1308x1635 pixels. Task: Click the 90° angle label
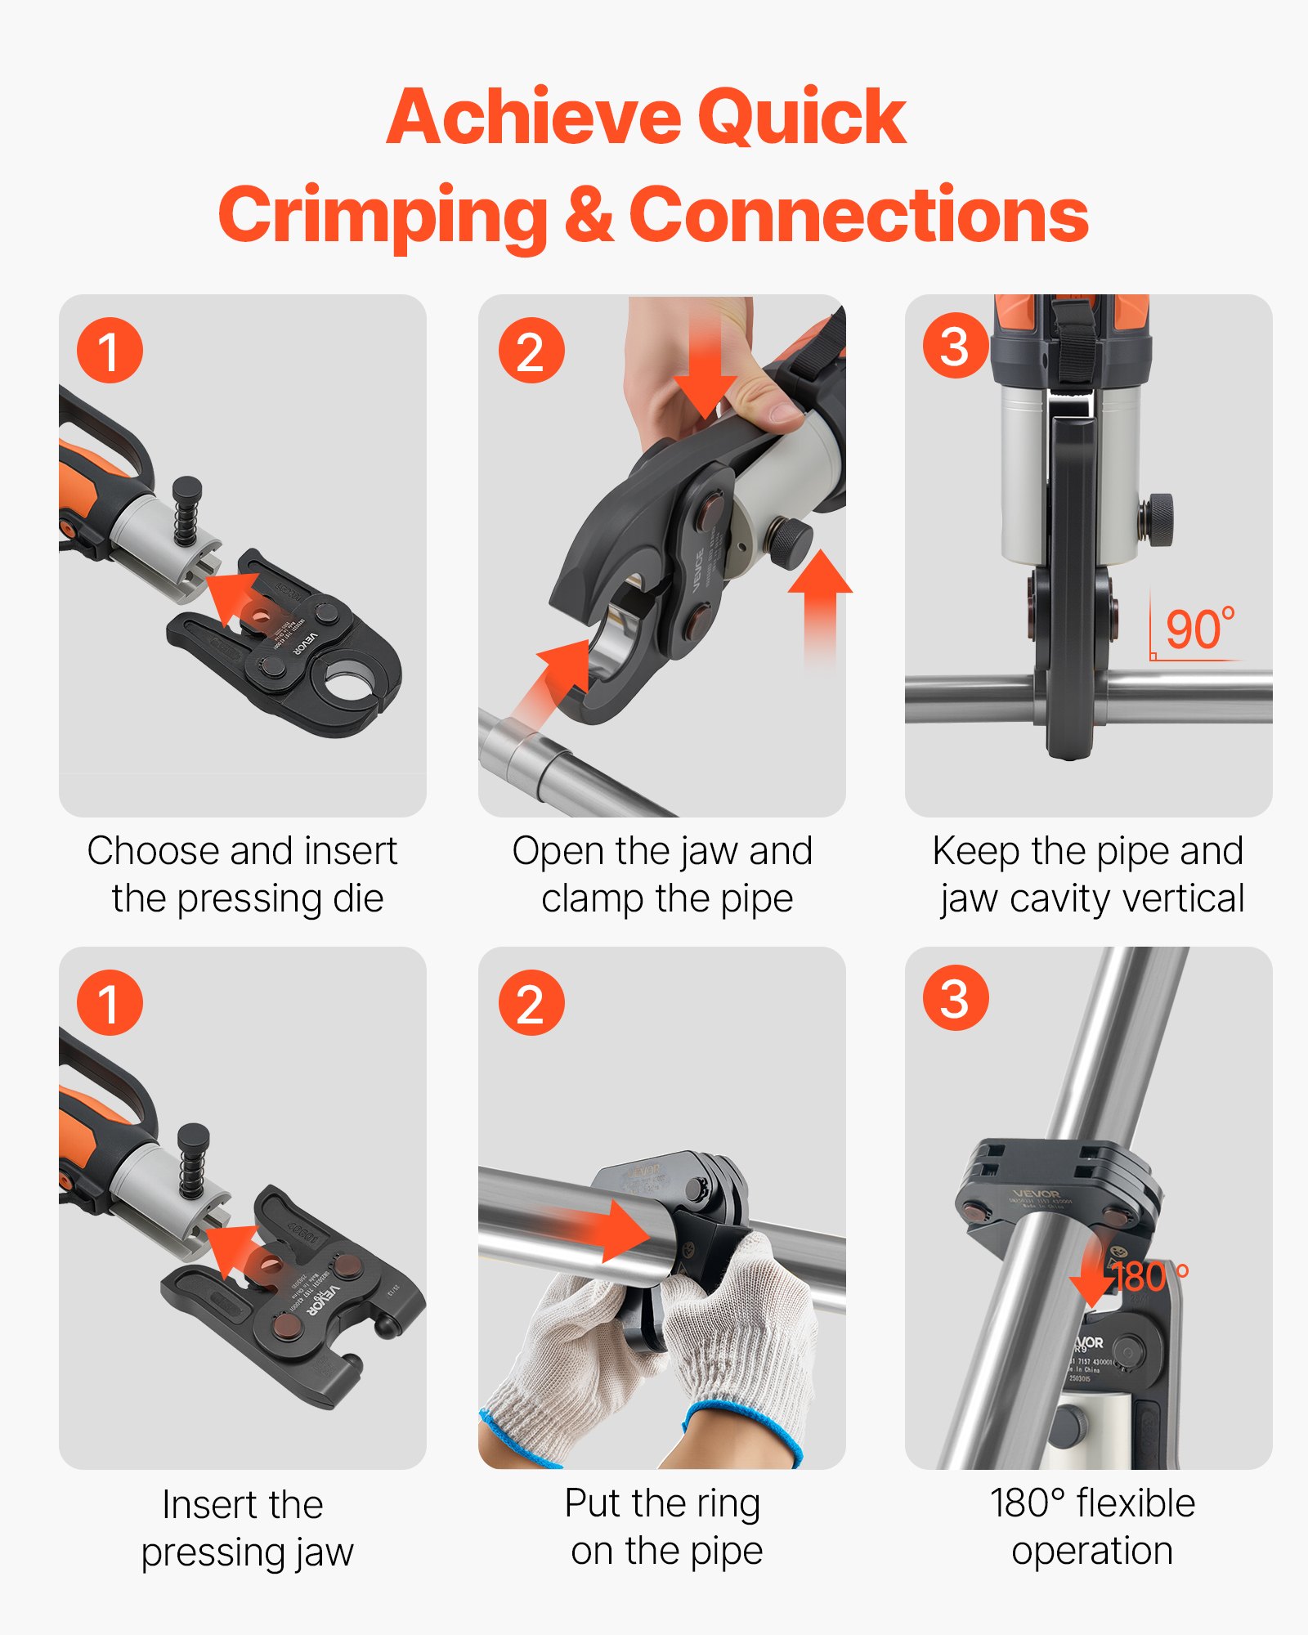[x=1198, y=629]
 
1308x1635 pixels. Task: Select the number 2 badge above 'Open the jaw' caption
[x=531, y=351]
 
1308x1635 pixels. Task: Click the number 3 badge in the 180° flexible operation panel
[x=955, y=998]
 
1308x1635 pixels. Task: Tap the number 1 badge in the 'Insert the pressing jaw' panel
[x=110, y=1003]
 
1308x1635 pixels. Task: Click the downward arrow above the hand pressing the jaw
[x=705, y=368]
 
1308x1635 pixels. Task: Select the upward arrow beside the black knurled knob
[x=820, y=605]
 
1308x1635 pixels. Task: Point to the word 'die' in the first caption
[x=358, y=899]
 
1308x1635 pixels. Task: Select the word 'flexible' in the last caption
[x=1135, y=1504]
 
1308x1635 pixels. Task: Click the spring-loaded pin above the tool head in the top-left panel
[x=186, y=511]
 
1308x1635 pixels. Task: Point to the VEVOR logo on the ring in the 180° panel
[x=1036, y=1194]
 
